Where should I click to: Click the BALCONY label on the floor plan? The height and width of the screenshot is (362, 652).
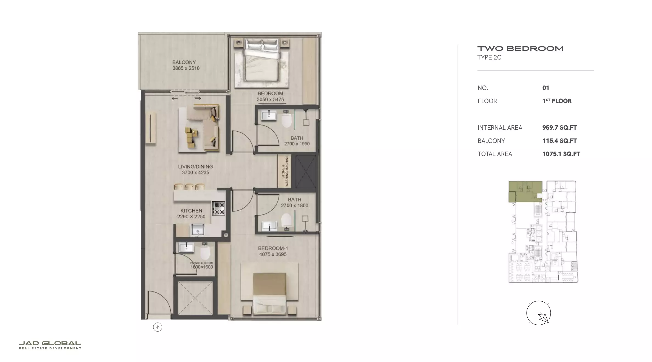(x=184, y=62)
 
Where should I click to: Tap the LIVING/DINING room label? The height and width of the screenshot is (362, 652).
(x=195, y=166)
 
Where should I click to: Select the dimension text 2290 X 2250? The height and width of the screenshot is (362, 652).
(x=191, y=217)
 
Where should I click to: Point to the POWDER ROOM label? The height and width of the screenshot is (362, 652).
(x=202, y=263)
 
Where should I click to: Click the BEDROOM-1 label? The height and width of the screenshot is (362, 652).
(x=273, y=248)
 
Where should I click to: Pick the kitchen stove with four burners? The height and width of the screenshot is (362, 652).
(x=219, y=208)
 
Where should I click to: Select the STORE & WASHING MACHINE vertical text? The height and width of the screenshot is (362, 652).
(x=285, y=171)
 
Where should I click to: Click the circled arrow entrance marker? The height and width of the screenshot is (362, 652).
(x=158, y=327)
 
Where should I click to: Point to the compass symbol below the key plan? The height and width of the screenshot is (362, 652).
(x=538, y=313)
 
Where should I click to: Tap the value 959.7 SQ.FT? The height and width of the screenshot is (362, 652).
(x=560, y=128)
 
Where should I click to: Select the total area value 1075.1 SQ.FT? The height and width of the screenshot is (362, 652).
(x=561, y=154)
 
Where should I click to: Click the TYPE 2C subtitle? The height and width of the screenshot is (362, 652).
(x=489, y=58)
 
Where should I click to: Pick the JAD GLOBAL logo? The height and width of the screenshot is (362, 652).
(x=50, y=345)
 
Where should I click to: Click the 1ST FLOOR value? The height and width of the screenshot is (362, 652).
(x=557, y=101)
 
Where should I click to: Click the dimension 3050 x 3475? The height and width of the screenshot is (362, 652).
(x=270, y=100)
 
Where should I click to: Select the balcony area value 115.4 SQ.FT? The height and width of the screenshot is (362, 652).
(x=560, y=141)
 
